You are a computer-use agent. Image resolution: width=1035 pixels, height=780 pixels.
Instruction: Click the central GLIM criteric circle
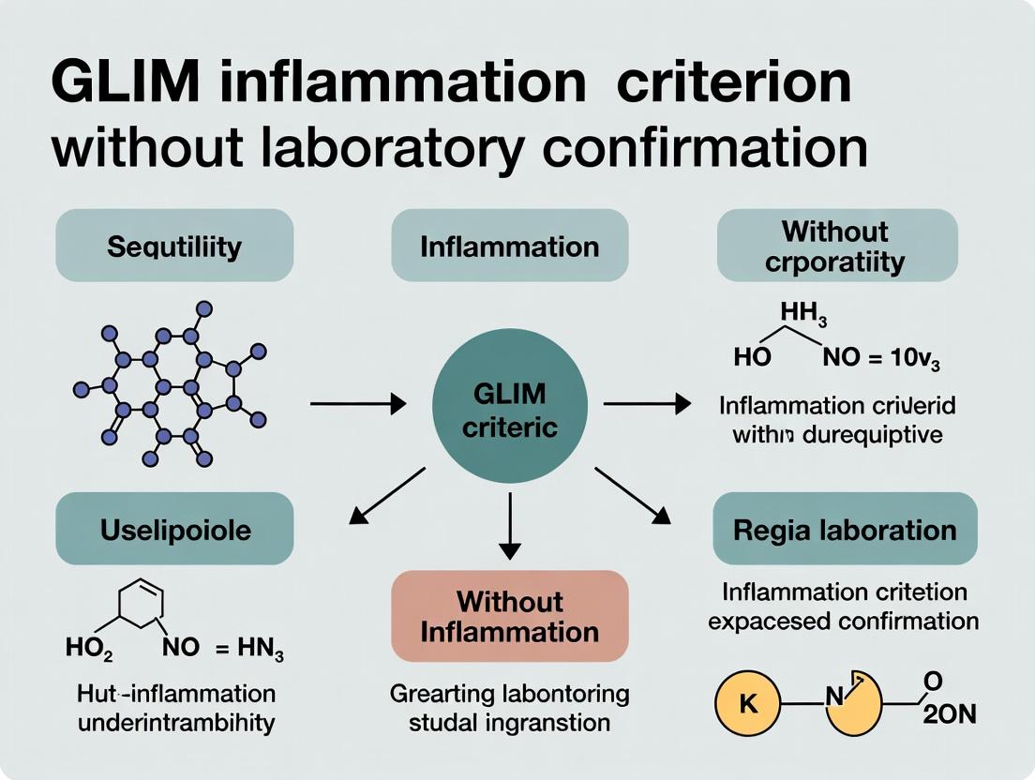pyautogui.click(x=509, y=404)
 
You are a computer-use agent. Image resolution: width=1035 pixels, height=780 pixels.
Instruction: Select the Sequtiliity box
pyautogui.click(x=174, y=247)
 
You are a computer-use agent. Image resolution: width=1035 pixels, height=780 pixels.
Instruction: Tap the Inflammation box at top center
pyautogui.click(x=509, y=247)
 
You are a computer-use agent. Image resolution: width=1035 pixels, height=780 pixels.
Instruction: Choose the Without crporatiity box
pyautogui.click(x=836, y=246)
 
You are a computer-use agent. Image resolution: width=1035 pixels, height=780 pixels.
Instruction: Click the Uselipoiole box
pyautogui.click(x=174, y=530)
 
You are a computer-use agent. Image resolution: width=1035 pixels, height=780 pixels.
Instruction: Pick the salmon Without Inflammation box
pyautogui.click(x=509, y=616)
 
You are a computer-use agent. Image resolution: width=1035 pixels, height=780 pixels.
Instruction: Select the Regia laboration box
pyautogui.click(x=845, y=530)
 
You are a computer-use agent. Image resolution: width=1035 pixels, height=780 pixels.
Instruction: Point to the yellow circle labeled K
pyautogui.click(x=748, y=705)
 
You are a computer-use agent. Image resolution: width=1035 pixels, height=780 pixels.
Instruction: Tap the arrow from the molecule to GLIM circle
pyautogui.click(x=358, y=404)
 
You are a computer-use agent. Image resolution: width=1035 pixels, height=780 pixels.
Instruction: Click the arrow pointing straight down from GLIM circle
pyautogui.click(x=509, y=525)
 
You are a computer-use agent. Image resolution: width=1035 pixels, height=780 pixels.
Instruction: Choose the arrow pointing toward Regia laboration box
pyautogui.click(x=634, y=494)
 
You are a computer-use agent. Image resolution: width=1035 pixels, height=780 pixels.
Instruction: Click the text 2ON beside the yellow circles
pyautogui.click(x=950, y=714)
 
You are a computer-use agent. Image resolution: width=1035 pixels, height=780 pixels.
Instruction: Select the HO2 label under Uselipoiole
pyautogui.click(x=89, y=648)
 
